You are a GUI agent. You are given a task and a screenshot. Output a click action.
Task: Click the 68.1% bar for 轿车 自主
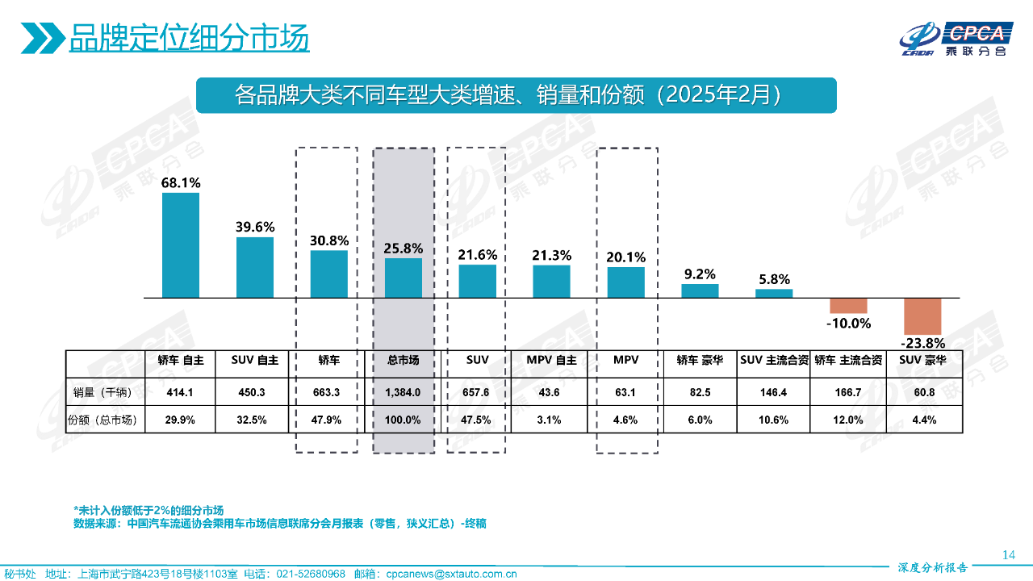click(x=180, y=245)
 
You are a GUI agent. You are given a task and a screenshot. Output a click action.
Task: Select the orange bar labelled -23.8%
click(x=922, y=316)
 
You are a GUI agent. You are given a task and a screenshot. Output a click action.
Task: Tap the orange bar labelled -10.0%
click(x=848, y=306)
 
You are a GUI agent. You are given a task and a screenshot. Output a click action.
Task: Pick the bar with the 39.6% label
click(x=255, y=267)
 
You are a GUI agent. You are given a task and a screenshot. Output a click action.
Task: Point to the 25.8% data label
click(x=403, y=249)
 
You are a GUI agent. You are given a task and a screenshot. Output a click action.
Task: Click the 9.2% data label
click(x=699, y=274)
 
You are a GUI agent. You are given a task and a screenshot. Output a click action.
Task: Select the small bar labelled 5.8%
click(x=774, y=294)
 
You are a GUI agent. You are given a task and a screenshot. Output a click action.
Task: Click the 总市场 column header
click(x=403, y=361)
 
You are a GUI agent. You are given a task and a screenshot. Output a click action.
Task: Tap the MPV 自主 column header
click(x=551, y=361)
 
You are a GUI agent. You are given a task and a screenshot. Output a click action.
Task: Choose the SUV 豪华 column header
click(x=922, y=361)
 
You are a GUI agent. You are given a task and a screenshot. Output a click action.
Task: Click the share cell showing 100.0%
click(x=403, y=420)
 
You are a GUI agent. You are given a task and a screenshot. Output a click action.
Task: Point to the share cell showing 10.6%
click(x=774, y=420)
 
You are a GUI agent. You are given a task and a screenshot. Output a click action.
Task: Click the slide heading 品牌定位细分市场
click(x=189, y=37)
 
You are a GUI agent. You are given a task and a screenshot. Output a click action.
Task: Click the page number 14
click(x=1008, y=554)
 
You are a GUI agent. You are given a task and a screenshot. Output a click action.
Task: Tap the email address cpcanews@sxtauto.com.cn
click(x=451, y=574)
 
